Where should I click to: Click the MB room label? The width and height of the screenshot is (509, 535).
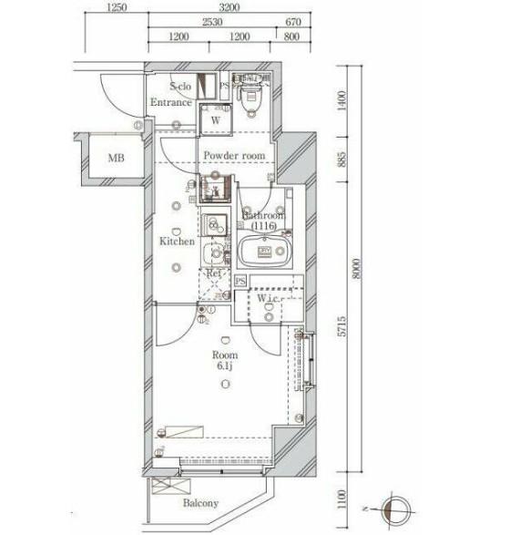[115, 159]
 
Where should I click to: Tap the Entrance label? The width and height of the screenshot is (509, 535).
[171, 103]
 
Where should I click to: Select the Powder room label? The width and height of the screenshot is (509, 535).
[234, 156]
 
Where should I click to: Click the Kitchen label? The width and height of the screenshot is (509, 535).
[176, 242]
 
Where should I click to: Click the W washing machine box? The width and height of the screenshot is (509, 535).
[217, 119]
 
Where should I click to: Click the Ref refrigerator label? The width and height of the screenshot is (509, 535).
[214, 273]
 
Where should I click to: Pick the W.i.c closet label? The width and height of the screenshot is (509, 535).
[270, 298]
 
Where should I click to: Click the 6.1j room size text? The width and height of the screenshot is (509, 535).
[225, 366]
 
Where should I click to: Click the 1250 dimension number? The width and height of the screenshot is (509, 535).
[116, 8]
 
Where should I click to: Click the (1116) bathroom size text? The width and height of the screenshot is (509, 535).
[265, 225]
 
